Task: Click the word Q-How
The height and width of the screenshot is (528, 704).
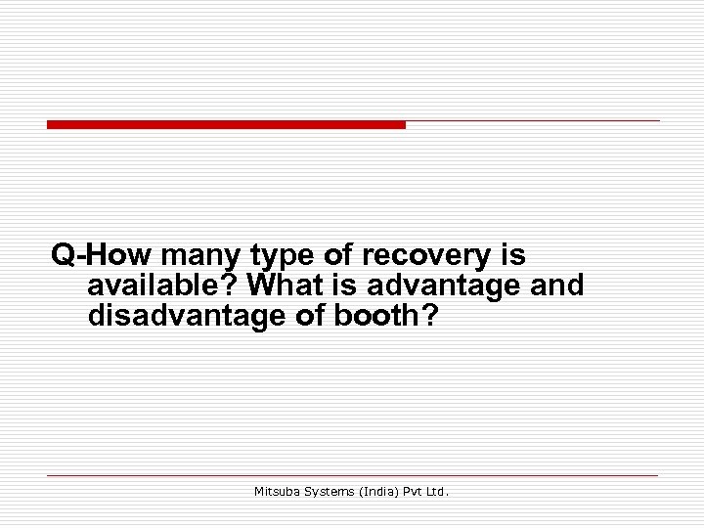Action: coord(102,256)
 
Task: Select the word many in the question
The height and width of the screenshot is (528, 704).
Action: coord(201,256)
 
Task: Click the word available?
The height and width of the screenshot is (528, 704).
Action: coord(163,286)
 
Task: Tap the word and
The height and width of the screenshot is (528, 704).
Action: coord(555,286)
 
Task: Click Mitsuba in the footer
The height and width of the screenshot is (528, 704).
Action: coord(278,492)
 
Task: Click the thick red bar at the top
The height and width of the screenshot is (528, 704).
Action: coord(226,125)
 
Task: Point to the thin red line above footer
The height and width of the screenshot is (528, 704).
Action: coord(352,475)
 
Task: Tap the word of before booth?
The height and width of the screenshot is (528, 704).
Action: coord(305,316)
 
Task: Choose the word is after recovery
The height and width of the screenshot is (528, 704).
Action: coord(512,256)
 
